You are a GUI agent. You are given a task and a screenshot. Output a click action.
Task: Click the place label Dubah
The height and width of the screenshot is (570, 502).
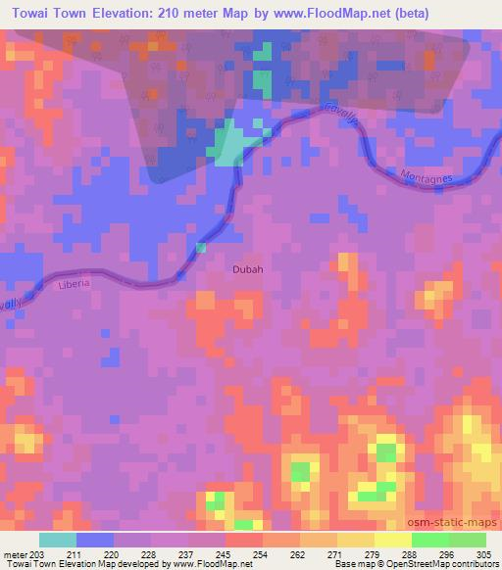(x=248, y=269)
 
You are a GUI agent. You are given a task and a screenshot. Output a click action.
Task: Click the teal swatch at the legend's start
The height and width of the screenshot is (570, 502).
(x=58, y=540)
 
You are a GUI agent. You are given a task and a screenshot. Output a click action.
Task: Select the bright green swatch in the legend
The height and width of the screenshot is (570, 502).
(x=429, y=540)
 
